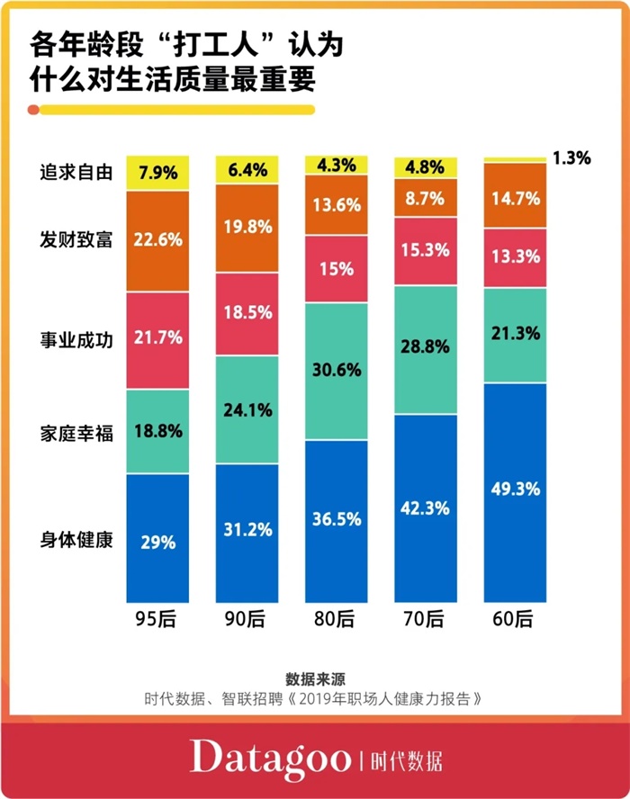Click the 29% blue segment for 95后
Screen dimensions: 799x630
pos(157,538)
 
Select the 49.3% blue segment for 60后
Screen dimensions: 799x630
pos(516,491)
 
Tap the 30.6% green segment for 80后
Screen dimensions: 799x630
pos(337,371)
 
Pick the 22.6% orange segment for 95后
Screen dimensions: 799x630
pos(157,240)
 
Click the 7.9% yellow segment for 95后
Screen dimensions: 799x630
pos(157,172)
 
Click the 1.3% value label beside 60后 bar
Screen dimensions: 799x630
pos(571,158)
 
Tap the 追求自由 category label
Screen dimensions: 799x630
pos(76,172)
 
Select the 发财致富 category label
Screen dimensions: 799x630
pos(76,240)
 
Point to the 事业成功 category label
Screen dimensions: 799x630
pos(76,339)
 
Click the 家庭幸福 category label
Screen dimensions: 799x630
pos(76,430)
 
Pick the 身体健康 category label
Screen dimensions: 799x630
pos(76,542)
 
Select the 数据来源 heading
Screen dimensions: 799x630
pos(316,678)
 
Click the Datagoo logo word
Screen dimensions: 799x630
pos(269,758)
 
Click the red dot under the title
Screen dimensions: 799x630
pos(33,110)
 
